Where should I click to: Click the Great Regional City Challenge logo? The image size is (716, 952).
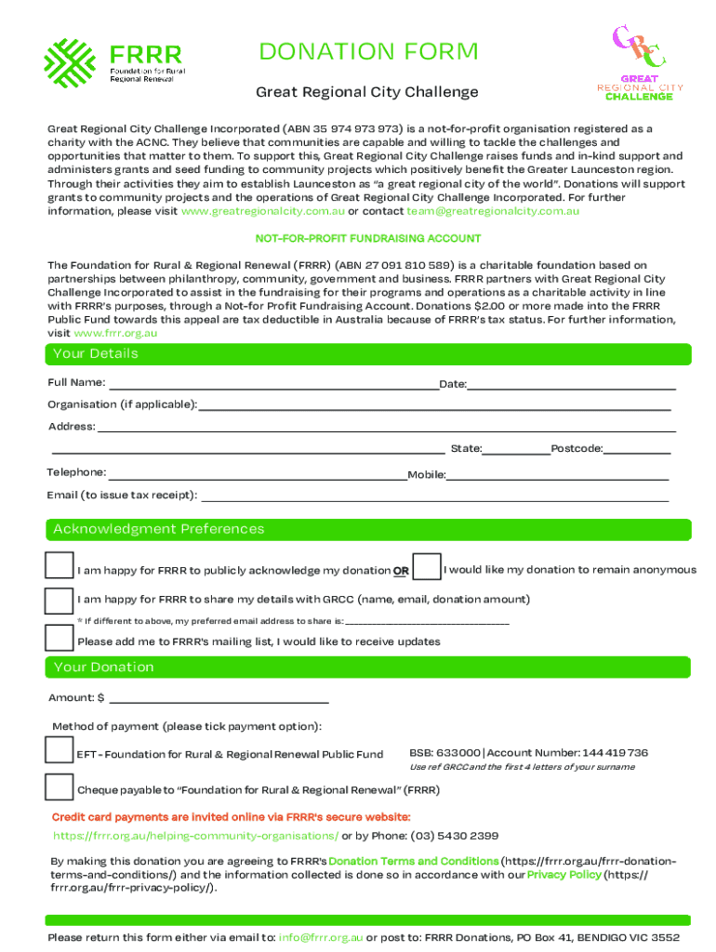(x=640, y=62)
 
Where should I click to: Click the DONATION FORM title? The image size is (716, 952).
(x=368, y=52)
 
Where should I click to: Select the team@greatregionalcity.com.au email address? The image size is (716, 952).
(x=486, y=211)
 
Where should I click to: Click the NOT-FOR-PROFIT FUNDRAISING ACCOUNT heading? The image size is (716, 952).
(x=368, y=239)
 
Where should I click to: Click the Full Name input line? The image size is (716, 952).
(x=273, y=385)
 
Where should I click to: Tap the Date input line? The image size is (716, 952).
(x=571, y=385)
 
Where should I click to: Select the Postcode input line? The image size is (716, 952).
(x=636, y=450)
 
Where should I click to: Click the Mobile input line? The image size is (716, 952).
(x=557, y=476)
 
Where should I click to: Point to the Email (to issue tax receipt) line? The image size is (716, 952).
(x=434, y=496)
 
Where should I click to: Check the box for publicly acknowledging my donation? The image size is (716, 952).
(x=60, y=567)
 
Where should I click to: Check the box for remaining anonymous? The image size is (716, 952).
(x=426, y=567)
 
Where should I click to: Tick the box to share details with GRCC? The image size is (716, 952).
(x=60, y=600)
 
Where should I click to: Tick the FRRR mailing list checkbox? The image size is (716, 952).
(x=60, y=638)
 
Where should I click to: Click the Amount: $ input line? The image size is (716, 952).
(x=219, y=699)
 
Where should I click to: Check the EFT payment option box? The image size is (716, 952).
(x=60, y=750)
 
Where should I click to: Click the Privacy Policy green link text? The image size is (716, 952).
(x=564, y=875)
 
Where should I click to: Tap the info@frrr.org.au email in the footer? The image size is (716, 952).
(x=321, y=937)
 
